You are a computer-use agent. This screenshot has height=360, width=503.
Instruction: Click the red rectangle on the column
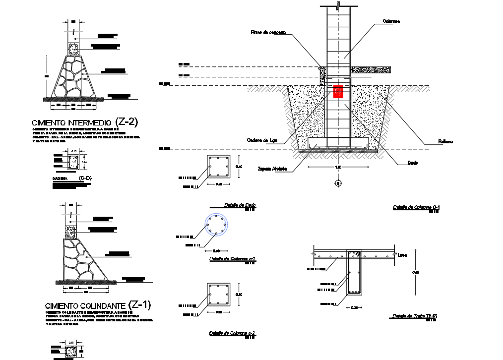338,92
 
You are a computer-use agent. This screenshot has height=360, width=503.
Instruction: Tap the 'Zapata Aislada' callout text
272,168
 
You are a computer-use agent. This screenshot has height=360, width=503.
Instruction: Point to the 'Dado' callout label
412,163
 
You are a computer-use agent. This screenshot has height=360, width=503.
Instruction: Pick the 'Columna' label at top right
392,21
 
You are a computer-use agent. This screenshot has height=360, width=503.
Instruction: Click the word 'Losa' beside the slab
403,255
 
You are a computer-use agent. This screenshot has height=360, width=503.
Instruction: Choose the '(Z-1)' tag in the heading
139,304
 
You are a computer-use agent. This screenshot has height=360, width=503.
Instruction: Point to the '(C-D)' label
85,178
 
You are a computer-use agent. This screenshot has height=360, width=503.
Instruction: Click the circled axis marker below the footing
338,183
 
